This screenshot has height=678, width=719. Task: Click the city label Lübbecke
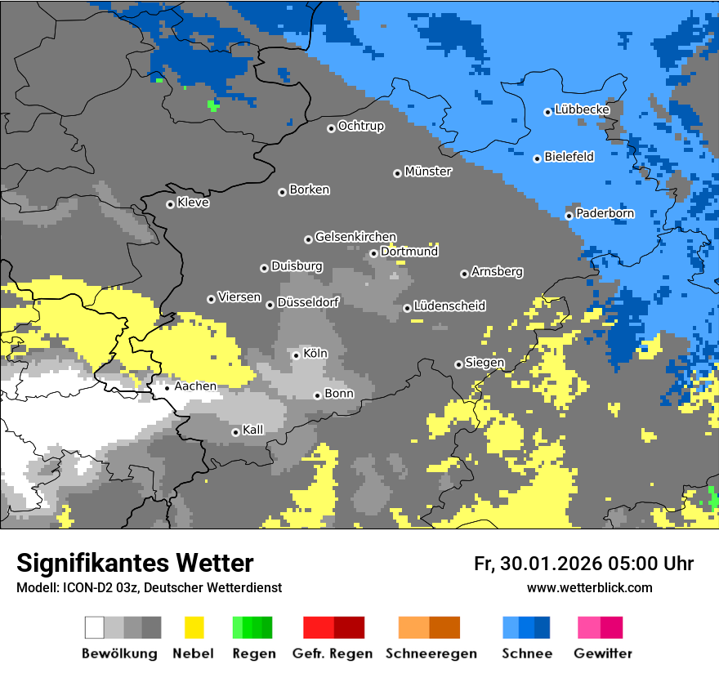(x=582, y=109)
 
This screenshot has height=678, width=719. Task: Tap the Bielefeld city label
(x=569, y=157)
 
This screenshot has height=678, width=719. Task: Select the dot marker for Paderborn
(x=569, y=216)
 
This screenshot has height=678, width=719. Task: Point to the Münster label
(x=428, y=172)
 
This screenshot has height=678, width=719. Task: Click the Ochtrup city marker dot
(x=331, y=128)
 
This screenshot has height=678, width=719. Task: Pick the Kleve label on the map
(x=193, y=203)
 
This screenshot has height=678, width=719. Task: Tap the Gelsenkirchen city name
(x=355, y=237)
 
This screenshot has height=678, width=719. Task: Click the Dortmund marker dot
(x=373, y=253)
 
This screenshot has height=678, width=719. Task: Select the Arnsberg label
(x=497, y=271)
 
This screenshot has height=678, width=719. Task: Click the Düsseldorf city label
(x=308, y=302)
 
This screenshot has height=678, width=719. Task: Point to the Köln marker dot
(x=297, y=355)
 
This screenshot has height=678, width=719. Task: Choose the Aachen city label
(x=195, y=386)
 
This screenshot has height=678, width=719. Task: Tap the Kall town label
(x=253, y=430)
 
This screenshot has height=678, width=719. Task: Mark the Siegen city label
(x=485, y=363)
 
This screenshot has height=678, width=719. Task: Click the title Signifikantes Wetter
(x=135, y=564)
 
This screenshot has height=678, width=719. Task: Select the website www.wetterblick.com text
(x=589, y=587)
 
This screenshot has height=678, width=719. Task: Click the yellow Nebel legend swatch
(x=194, y=627)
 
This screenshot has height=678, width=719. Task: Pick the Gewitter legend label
(x=603, y=653)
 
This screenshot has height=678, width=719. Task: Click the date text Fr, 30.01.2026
(x=538, y=564)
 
